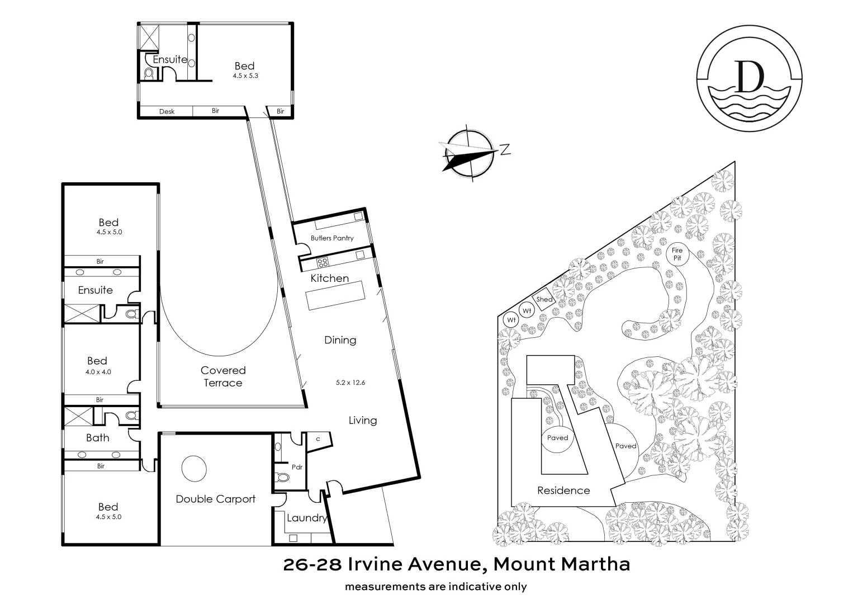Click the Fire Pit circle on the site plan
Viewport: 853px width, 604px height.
[x=677, y=254]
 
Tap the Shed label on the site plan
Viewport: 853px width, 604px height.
[x=544, y=300]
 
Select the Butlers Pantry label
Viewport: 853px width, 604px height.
[x=332, y=238]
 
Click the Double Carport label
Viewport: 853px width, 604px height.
[x=215, y=499]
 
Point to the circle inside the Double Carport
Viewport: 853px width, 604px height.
[x=194, y=468]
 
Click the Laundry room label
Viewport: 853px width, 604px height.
[x=306, y=518]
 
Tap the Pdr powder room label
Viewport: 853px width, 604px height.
[x=296, y=467]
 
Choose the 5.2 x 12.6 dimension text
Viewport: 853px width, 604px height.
[x=350, y=383]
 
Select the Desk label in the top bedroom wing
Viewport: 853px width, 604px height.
[x=167, y=111]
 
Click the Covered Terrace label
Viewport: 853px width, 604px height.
[x=223, y=376]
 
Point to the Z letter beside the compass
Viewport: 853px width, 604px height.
[x=504, y=149]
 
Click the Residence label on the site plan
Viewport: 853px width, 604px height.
[x=563, y=490]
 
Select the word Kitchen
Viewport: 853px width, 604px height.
[x=329, y=279]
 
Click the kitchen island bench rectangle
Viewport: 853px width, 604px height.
[x=334, y=295]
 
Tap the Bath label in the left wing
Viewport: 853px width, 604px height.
[x=98, y=438]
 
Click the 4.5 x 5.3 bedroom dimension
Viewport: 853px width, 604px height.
[x=245, y=75]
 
